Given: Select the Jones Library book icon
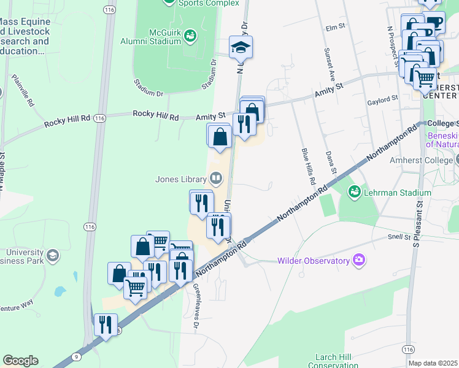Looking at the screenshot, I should [215, 179].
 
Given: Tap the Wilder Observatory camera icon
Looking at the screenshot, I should [359, 261].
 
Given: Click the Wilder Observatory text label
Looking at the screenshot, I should [313, 261].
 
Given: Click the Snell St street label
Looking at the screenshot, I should [398, 236].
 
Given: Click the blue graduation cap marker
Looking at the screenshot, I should [241, 46].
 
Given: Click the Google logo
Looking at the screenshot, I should [20, 361].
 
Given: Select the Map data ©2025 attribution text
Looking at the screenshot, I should [433, 363].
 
